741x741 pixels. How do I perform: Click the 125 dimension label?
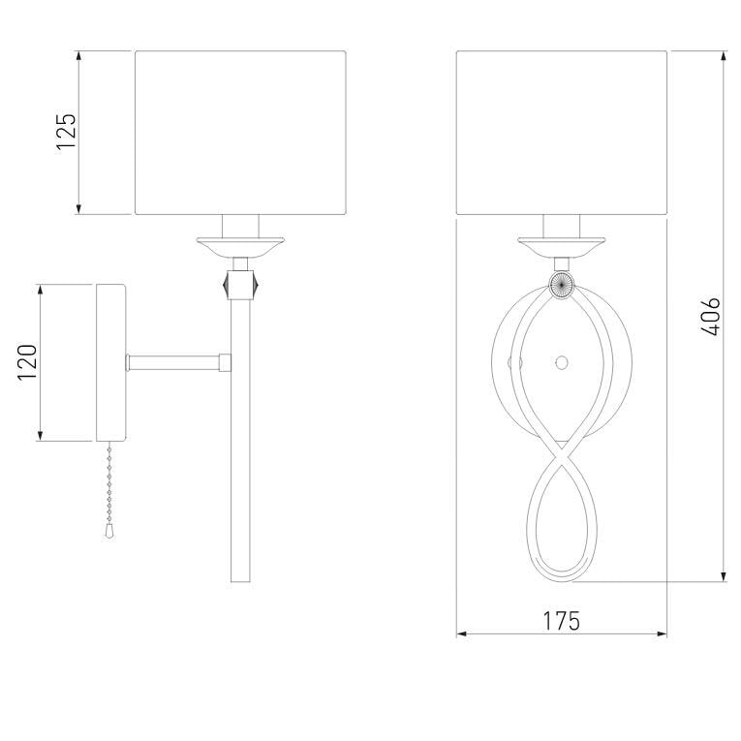66,132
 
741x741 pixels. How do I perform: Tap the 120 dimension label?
27,362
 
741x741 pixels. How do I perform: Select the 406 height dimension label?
711,317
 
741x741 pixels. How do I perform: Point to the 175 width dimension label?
561,621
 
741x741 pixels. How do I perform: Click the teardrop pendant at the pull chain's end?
109,531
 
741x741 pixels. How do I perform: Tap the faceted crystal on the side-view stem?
240,284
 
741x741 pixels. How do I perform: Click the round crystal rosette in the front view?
562,285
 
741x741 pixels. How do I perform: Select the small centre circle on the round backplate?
562,363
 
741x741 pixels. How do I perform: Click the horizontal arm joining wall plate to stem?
178,362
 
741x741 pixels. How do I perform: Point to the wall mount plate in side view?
111,362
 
